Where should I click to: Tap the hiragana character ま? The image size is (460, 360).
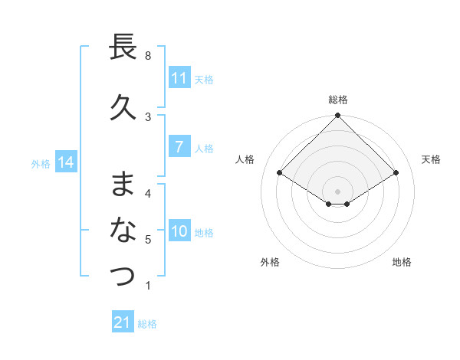coord(123,185)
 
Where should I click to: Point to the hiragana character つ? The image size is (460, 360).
coord(123,276)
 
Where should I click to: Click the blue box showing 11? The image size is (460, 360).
coord(179,78)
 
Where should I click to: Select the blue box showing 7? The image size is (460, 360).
coord(179,148)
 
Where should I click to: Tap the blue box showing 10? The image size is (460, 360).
coord(179,232)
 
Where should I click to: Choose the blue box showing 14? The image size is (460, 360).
coord(66,162)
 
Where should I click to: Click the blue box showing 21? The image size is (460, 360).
coord(123,322)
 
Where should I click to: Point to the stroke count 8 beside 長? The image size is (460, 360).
coord(148,56)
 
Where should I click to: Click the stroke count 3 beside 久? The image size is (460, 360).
coord(148,116)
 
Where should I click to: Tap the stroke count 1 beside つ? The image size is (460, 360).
coord(148,286)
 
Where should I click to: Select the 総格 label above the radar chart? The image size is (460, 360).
coord(337,100)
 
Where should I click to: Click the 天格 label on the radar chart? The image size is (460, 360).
coord(431,159)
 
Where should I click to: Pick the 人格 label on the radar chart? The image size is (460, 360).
coord(245,159)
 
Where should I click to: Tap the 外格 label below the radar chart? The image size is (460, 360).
coord(270,263)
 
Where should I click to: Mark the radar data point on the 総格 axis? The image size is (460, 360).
coord(337,116)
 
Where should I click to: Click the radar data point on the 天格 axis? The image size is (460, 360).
coord(396,173)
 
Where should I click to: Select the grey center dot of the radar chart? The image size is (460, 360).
coord(337,191)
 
